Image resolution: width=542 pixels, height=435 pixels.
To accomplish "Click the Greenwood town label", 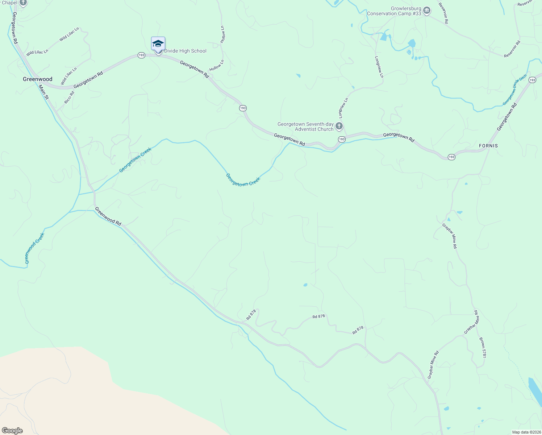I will click(37, 79).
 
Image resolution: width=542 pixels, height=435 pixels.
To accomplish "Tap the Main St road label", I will click(44, 92).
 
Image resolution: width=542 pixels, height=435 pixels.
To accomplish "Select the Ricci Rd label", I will click(69, 98).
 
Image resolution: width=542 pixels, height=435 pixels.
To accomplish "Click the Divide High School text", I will click(185, 51).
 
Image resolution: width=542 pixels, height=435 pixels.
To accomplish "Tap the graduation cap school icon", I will click(158, 44).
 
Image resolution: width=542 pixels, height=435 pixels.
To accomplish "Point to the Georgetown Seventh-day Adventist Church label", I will click(305, 127).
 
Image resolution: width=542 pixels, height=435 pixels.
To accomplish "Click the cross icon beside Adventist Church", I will click(339, 126).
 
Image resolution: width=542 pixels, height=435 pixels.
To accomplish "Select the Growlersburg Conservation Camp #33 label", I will click(394, 11).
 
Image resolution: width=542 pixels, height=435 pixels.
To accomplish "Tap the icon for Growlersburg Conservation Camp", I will click(427, 11).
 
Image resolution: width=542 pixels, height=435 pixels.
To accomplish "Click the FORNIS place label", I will click(488, 146).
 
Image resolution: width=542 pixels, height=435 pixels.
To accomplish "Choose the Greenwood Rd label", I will click(108, 216).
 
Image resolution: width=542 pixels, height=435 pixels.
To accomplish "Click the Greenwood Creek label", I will click(34, 248).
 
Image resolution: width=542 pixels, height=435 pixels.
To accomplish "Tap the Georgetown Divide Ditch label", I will click(514, 90).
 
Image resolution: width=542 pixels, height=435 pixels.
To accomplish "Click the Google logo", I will click(12, 431).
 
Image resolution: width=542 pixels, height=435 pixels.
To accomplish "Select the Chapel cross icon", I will click(23, 3).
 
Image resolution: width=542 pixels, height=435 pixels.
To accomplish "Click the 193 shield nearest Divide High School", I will click(141, 55).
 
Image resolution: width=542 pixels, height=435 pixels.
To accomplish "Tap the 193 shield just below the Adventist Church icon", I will click(342, 139).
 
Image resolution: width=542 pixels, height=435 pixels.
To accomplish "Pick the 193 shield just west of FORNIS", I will click(451, 157).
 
